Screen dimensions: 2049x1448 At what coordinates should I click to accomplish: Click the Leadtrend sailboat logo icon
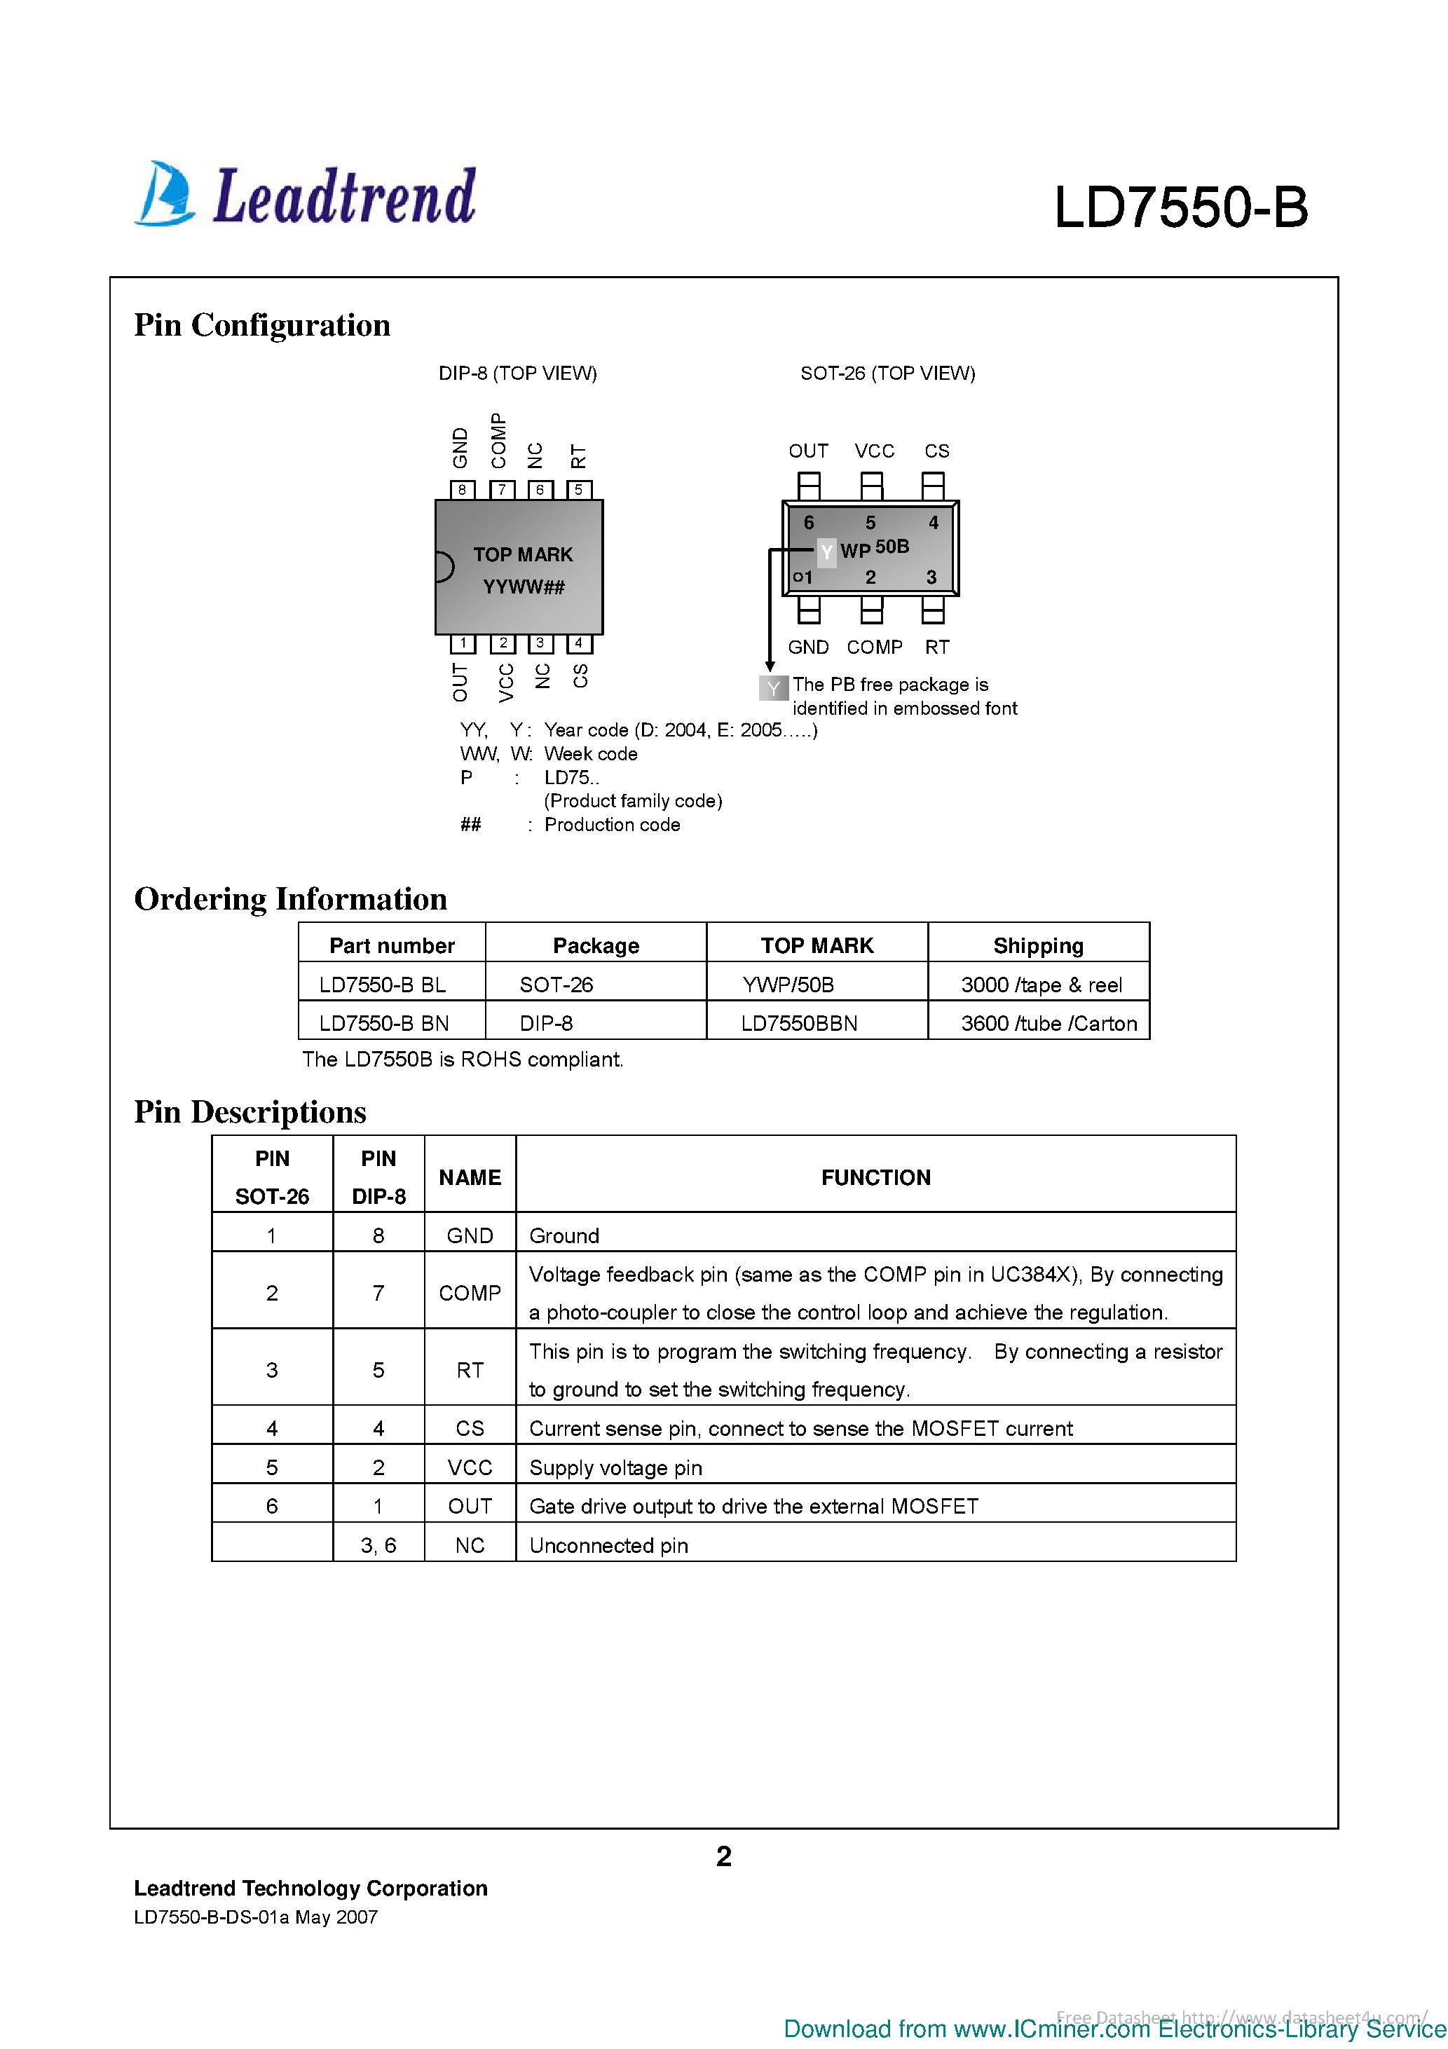[166, 193]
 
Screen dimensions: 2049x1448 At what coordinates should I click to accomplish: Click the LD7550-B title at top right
[1180, 208]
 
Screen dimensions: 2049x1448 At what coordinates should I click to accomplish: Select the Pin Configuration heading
[261, 325]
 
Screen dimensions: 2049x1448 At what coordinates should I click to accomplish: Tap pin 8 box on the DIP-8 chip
[462, 489]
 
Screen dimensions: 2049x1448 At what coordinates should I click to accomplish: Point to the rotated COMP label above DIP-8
[498, 440]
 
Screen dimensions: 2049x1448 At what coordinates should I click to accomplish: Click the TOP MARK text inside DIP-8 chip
[522, 554]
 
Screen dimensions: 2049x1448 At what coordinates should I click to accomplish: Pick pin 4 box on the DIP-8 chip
[578, 643]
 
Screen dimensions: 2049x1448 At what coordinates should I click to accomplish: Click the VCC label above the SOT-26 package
[874, 451]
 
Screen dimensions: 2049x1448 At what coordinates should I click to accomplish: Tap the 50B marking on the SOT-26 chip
[892, 546]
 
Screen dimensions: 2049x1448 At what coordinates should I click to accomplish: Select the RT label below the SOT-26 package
[936, 647]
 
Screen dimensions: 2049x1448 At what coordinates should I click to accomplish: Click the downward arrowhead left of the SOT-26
[770, 666]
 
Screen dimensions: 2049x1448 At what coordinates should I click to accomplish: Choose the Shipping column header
[1037, 945]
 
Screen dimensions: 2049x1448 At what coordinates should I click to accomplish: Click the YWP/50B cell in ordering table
[788, 985]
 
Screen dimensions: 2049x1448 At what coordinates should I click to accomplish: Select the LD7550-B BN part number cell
[384, 1022]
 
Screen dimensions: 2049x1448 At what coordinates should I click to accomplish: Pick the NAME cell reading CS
[470, 1428]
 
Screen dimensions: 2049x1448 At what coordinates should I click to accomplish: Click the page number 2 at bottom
[724, 1856]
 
